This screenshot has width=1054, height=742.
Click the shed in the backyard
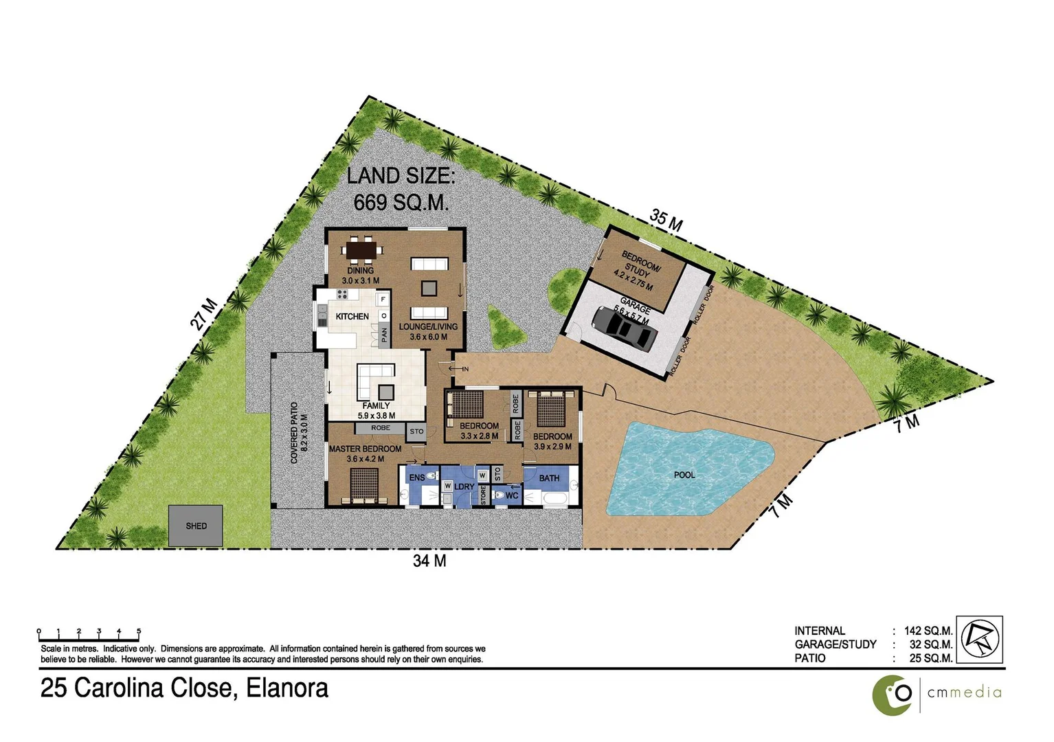tap(196, 526)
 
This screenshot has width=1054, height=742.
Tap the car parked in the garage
tap(624, 327)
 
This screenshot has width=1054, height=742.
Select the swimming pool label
tap(684, 475)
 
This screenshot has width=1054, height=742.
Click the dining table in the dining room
tap(361, 250)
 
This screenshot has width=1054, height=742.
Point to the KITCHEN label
tap(352, 317)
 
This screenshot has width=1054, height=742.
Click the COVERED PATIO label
tap(294, 432)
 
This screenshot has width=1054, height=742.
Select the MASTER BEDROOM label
tap(365, 449)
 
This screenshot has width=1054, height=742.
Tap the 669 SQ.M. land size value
tap(401, 202)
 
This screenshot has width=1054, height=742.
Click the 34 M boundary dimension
tap(429, 561)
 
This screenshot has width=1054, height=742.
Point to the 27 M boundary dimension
tap(204, 315)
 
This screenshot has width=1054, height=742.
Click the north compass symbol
tap(980, 639)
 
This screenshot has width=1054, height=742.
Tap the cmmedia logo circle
tap(892, 695)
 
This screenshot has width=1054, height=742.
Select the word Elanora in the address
tap(287, 688)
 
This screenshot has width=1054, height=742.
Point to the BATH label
tap(549, 478)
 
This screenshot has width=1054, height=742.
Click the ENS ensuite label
tap(416, 477)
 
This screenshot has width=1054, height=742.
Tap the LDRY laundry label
tap(464, 487)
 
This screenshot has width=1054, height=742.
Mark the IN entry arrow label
tap(465, 370)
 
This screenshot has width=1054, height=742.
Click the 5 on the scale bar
tap(139, 631)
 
